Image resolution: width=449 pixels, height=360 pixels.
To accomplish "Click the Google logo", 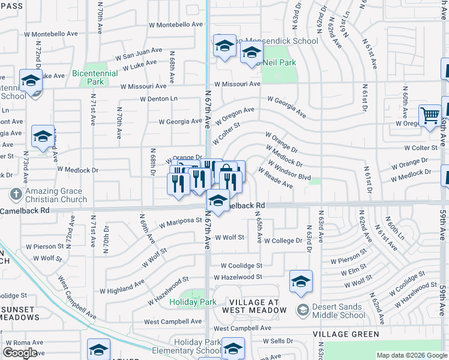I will [x=20, y=353].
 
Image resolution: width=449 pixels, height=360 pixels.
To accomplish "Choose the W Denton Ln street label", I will [x=159, y=98].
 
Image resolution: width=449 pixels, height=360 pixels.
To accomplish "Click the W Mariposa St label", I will [x=181, y=222].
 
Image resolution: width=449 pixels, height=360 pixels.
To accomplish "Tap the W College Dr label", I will [x=282, y=240].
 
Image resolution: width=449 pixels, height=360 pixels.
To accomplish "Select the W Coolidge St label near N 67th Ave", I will [x=241, y=265].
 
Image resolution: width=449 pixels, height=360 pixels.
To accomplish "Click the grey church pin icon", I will [x=15, y=194].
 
